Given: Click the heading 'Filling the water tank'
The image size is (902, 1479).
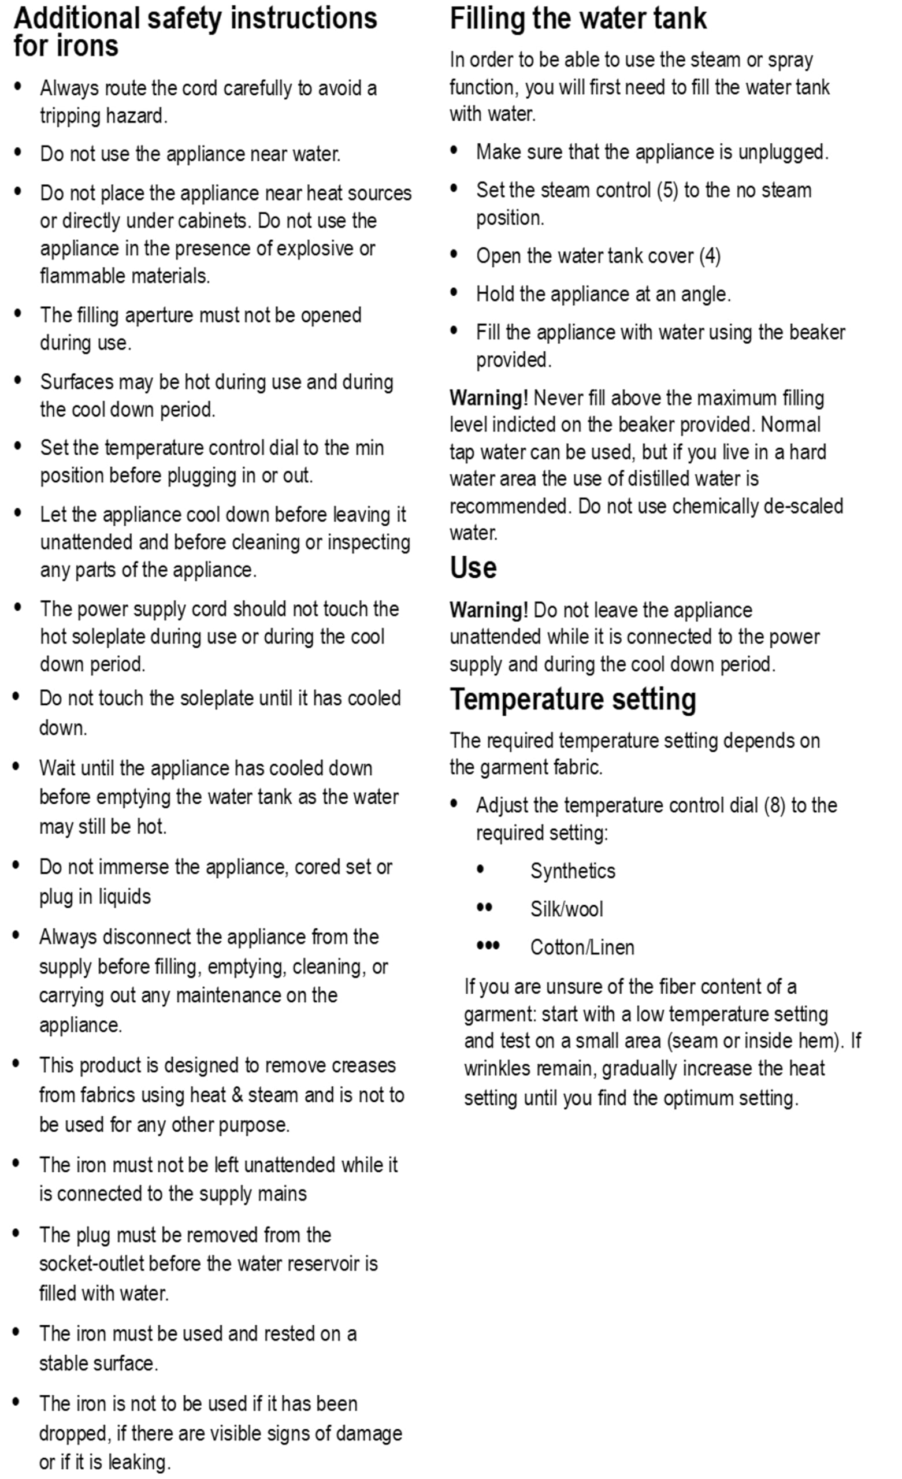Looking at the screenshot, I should [x=578, y=18].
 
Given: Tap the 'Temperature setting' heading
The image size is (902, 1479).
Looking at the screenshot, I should [x=573, y=699].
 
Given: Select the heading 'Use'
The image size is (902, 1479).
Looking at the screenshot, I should [x=473, y=567].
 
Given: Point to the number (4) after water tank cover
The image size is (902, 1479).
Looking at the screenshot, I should [x=710, y=257].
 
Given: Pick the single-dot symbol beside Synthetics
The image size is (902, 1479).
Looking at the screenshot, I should [x=480, y=869].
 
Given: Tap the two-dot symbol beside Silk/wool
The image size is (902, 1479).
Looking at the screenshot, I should [x=484, y=908].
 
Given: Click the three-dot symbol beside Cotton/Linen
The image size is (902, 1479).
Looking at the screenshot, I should [x=488, y=946].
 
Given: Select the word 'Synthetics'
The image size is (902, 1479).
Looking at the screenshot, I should [x=572, y=871].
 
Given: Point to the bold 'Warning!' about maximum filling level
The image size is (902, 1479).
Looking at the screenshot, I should [x=489, y=398].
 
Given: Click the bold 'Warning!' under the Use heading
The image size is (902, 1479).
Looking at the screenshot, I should [x=489, y=610].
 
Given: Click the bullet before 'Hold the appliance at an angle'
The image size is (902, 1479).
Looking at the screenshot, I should [x=454, y=292].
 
